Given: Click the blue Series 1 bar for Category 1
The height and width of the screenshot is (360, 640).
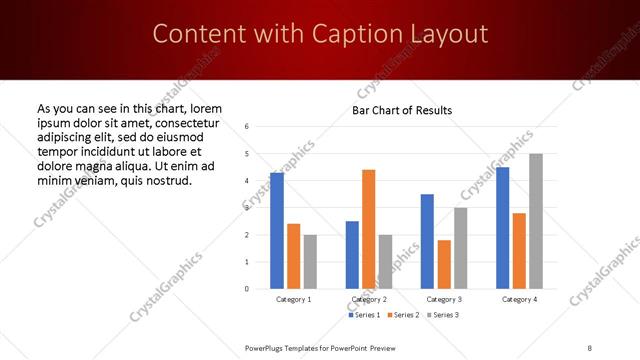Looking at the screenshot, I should pyautogui.click(x=277, y=231).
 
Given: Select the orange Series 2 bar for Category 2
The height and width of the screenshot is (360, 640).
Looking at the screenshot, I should pyautogui.click(x=368, y=229).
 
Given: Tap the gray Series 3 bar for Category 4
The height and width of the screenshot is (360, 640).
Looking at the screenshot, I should pyautogui.click(x=536, y=221).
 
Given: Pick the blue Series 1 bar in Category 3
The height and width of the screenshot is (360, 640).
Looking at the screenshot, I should pyautogui.click(x=427, y=241).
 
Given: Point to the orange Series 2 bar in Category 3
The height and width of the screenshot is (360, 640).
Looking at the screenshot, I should pyautogui.click(x=444, y=264).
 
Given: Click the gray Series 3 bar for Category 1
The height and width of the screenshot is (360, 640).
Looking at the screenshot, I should pyautogui.click(x=310, y=262).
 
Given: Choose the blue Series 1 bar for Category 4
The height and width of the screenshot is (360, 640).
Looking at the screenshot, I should pyautogui.click(x=502, y=228).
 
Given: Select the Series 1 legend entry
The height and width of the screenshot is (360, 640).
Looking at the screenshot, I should pyautogui.click(x=365, y=315).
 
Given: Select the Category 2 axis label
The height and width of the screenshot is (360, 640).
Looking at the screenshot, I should pyautogui.click(x=369, y=299).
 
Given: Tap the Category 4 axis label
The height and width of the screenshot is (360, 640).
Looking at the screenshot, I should pyautogui.click(x=519, y=299).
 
